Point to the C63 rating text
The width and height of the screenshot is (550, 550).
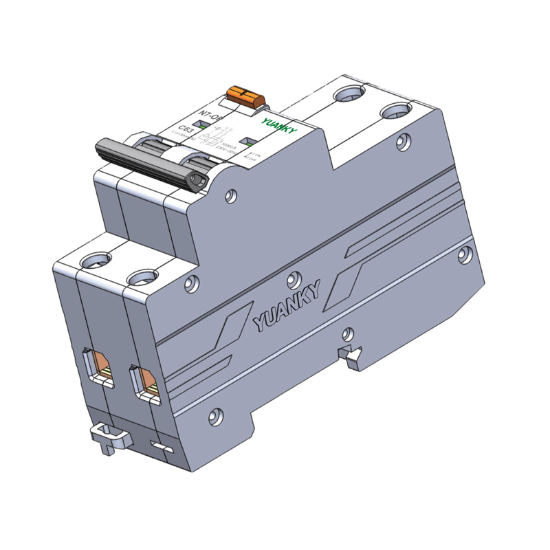186,129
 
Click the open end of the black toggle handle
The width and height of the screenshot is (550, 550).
198,181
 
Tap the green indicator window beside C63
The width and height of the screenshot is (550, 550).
197,124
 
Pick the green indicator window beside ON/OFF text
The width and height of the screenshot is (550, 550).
252,143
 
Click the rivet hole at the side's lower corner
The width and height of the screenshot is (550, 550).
216,415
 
